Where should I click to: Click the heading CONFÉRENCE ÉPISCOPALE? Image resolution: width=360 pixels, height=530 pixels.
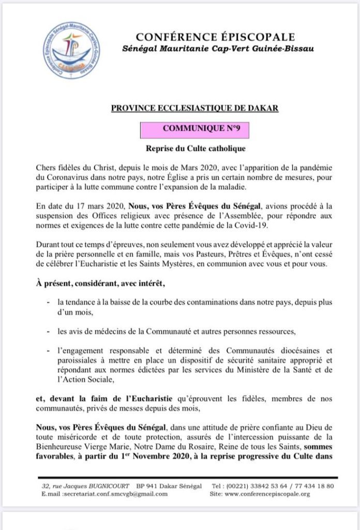point(215,37)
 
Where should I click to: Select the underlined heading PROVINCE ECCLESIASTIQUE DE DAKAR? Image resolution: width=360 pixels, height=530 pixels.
point(195,108)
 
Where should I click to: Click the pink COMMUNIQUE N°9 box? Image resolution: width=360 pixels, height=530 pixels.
point(194,129)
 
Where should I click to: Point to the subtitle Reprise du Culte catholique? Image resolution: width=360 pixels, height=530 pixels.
point(194,149)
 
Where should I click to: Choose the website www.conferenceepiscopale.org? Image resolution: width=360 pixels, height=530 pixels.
point(267,494)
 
